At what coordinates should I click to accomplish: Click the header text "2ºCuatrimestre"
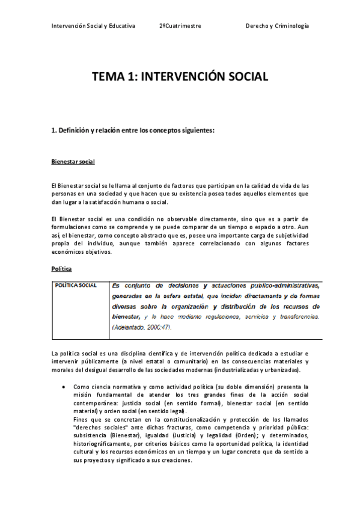coord(180,26)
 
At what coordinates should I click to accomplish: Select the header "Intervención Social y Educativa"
coord(93,26)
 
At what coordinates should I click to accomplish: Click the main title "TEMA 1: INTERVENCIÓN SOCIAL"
coord(180,77)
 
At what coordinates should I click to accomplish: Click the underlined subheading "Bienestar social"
coord(73,162)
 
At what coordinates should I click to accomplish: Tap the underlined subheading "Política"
coord(62,270)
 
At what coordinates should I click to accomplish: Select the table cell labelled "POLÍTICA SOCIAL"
coord(76,285)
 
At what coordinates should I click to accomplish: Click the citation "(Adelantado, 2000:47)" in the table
coord(142,327)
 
